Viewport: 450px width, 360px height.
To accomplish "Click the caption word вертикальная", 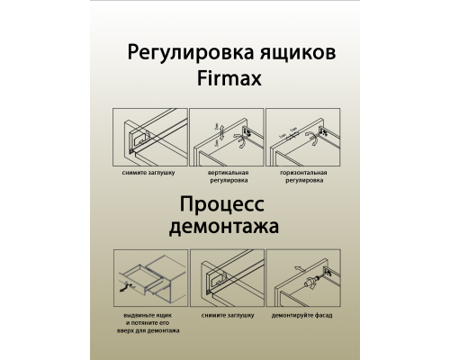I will [227, 172].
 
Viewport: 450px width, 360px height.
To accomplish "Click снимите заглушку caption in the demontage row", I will [227, 316].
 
